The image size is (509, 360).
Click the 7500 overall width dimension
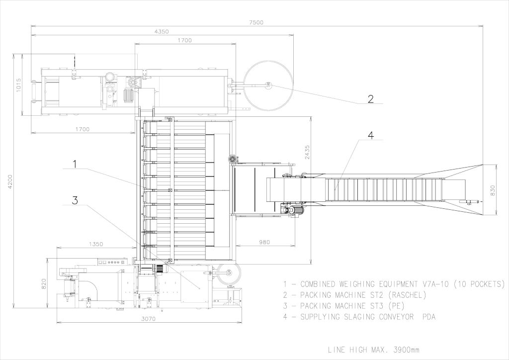coord(256,22)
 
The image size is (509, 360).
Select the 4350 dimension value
coord(162,31)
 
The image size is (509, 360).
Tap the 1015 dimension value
coord(18,85)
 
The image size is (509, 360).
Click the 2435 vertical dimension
coord(307,152)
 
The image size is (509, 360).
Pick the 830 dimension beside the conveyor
coord(493,190)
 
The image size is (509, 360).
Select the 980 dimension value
coord(264,242)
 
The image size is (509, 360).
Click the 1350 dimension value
coord(95,244)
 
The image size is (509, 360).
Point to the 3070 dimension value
coord(148,319)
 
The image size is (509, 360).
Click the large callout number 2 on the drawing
coord(370,98)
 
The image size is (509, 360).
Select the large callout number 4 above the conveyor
coord(370,135)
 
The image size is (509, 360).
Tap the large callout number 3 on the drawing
coord(75,200)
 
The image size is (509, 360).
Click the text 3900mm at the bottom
coord(406,350)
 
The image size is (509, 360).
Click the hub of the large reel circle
coord(268,85)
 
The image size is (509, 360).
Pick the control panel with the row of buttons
coord(112,262)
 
